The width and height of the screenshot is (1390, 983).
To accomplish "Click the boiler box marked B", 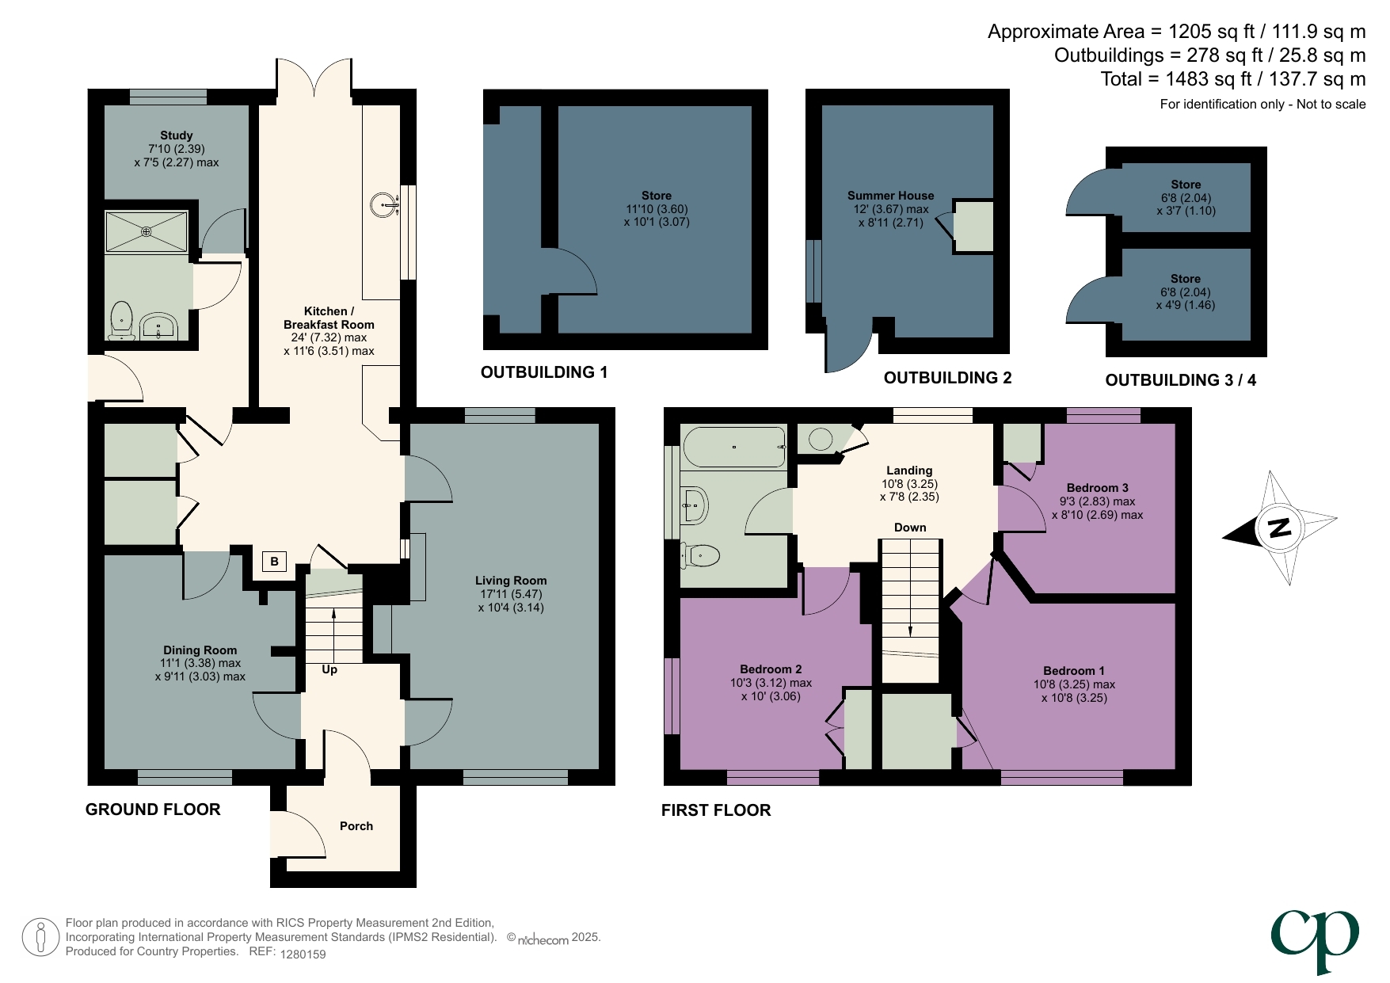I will tap(274, 562).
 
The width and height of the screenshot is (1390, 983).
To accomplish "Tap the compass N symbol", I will tap(1279, 528).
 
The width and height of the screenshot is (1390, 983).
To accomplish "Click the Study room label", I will tap(176, 135).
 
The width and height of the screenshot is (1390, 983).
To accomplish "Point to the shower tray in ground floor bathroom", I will tap(147, 231).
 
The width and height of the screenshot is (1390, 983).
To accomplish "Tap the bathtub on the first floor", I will tap(733, 447).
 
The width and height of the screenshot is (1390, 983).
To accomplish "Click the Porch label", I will tap(356, 826).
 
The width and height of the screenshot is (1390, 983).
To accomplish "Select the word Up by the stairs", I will tap(329, 669).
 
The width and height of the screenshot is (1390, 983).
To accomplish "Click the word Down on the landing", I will tap(910, 528).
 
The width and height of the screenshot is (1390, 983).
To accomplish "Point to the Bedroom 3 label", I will tap(1097, 488).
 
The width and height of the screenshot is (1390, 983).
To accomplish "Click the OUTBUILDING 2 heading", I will tap(947, 378).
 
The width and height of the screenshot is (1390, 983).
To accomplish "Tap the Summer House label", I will tap(890, 196).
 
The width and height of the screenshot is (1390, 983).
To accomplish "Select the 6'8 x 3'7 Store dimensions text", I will tap(1186, 204).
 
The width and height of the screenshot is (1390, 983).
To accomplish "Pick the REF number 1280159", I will tap(303, 954).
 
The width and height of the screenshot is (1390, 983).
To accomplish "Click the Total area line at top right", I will tap(1232, 79).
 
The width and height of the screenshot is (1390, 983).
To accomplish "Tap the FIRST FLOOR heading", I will tap(716, 810).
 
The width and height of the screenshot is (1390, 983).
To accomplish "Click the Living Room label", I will tap(511, 581).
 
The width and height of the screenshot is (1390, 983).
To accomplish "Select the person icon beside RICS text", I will tap(40, 937).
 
